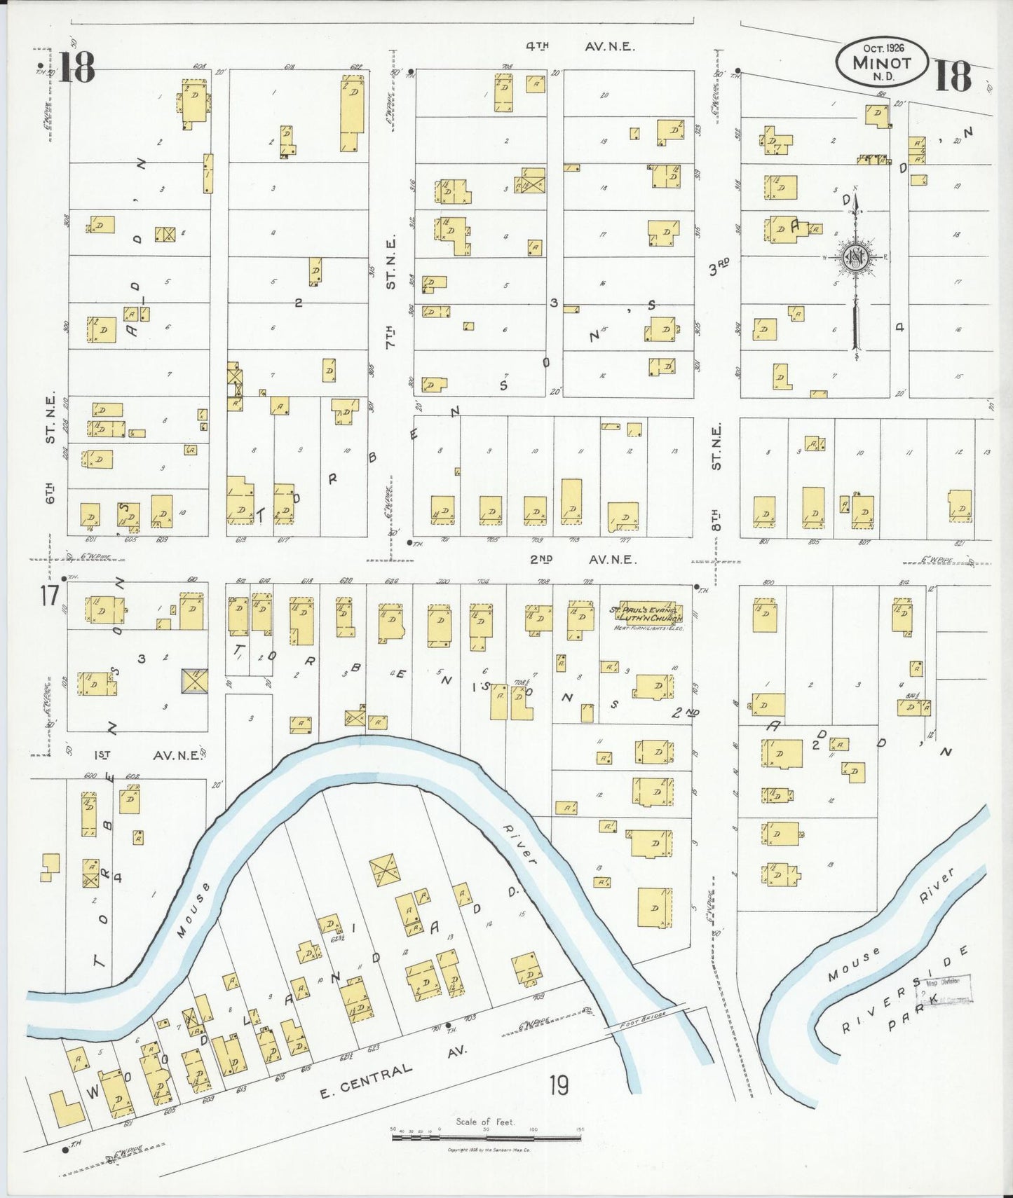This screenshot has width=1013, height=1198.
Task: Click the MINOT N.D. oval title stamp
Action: coord(882,62)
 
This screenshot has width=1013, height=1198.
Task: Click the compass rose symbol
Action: coord(856,258)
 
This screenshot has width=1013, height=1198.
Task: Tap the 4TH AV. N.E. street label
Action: coord(580,47)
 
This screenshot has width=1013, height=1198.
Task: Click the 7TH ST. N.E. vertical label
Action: coord(390,293)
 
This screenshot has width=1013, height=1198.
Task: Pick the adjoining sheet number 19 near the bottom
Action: coord(559,1085)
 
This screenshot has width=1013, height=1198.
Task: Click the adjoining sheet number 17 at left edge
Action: coord(48,596)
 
